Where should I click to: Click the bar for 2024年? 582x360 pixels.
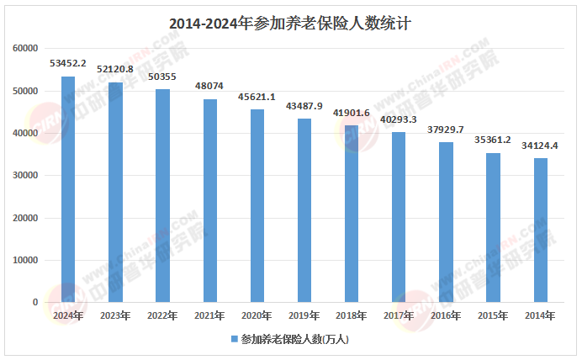[x=68, y=189]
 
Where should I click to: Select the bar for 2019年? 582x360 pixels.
[x=304, y=210]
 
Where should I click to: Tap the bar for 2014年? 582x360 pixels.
[x=540, y=230]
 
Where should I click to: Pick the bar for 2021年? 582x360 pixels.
[x=210, y=200]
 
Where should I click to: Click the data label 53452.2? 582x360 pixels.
[x=68, y=63]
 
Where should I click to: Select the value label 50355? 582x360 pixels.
[x=162, y=76]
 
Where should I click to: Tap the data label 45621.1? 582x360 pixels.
[x=257, y=96]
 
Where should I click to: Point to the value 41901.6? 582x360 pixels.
[x=352, y=112]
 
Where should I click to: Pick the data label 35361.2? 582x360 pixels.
[x=493, y=140]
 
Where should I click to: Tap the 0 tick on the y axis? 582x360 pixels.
[x=35, y=302]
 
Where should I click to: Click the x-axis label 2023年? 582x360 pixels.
[x=115, y=315]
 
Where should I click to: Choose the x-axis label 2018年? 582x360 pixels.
[x=352, y=315]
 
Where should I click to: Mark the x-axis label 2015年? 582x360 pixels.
[x=493, y=315]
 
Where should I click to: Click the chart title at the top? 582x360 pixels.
[x=290, y=24]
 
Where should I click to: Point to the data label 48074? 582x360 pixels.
[x=210, y=86]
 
